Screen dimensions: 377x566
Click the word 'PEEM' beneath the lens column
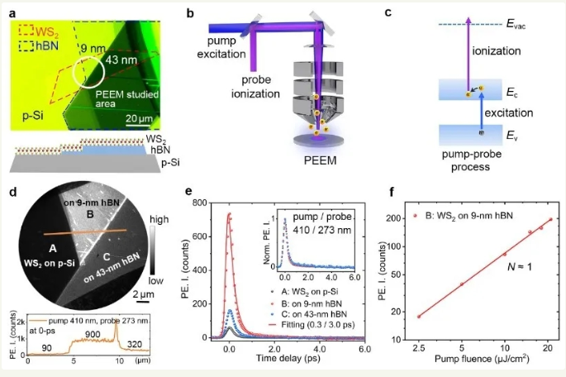(317, 156)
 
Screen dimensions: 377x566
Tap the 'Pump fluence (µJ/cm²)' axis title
(491, 362)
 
